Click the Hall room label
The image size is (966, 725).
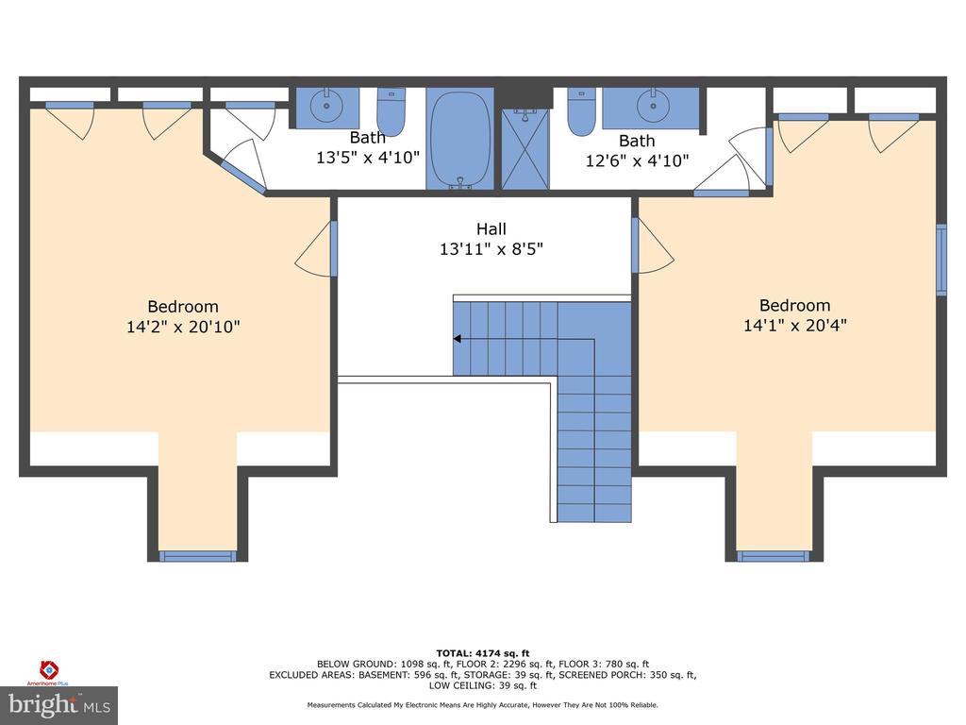[x=491, y=228]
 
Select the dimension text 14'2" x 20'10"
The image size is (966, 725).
[x=183, y=326]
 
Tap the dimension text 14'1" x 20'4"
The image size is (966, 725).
[x=794, y=325]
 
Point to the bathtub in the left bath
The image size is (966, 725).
[x=460, y=139]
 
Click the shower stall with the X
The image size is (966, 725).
[x=525, y=148]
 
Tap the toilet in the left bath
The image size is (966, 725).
[x=391, y=112]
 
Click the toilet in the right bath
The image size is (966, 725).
[x=581, y=111]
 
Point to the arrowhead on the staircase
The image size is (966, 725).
[x=458, y=339]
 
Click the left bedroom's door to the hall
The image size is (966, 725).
[x=316, y=248]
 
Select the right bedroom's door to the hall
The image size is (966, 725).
[x=653, y=245]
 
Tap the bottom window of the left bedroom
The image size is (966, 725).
[x=198, y=556]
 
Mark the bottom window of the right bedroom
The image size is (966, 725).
[x=774, y=556]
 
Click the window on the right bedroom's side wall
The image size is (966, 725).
[x=941, y=260]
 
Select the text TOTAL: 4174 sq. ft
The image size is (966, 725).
[x=483, y=653]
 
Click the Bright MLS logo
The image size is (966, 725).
[x=59, y=705]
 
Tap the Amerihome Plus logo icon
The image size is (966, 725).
[x=49, y=669]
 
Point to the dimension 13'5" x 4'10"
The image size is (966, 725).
[x=368, y=158]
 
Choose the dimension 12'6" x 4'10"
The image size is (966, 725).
[x=637, y=160]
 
